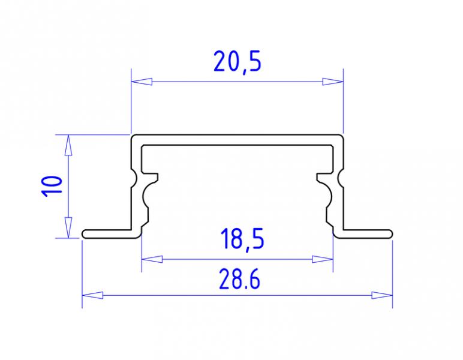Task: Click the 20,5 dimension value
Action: click(x=237, y=62)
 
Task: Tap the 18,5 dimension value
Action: click(x=242, y=239)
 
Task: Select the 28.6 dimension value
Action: click(x=239, y=278)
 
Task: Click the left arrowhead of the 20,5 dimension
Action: click(x=142, y=82)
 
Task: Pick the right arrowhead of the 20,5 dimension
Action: click(x=333, y=82)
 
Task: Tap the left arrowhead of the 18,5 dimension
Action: click(x=152, y=259)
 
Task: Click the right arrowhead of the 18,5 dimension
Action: click(x=323, y=259)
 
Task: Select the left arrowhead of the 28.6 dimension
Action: click(x=93, y=295)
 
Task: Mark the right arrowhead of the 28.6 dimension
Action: click(x=382, y=295)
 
